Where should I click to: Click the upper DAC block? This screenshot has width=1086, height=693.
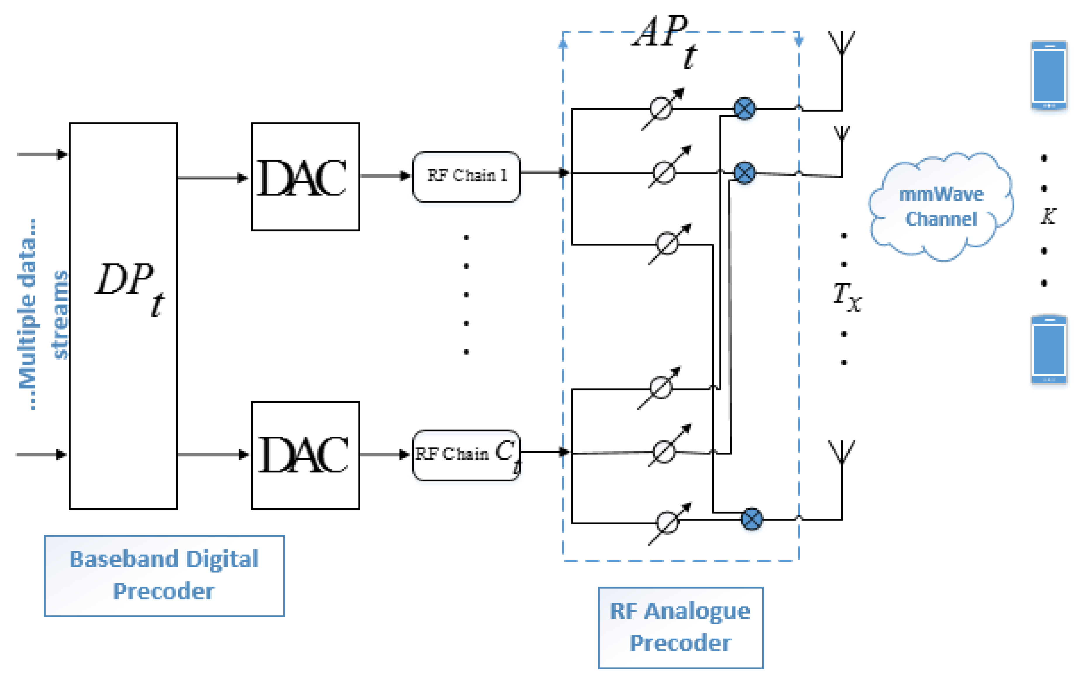tap(305, 177)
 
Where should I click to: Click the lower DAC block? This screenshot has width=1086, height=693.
tap(305, 455)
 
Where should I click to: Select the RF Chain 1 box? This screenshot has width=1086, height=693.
tap(466, 176)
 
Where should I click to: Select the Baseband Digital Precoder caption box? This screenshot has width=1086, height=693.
tap(164, 576)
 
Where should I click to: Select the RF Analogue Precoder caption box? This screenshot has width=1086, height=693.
tap(680, 628)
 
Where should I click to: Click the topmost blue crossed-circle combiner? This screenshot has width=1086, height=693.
tap(744, 109)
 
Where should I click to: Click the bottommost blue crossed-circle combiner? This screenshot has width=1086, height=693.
tap(751, 519)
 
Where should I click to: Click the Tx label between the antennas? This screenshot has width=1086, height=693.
tap(847, 296)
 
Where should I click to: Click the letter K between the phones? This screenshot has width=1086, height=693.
tap(1048, 216)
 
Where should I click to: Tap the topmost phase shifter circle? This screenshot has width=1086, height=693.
tap(661, 109)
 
